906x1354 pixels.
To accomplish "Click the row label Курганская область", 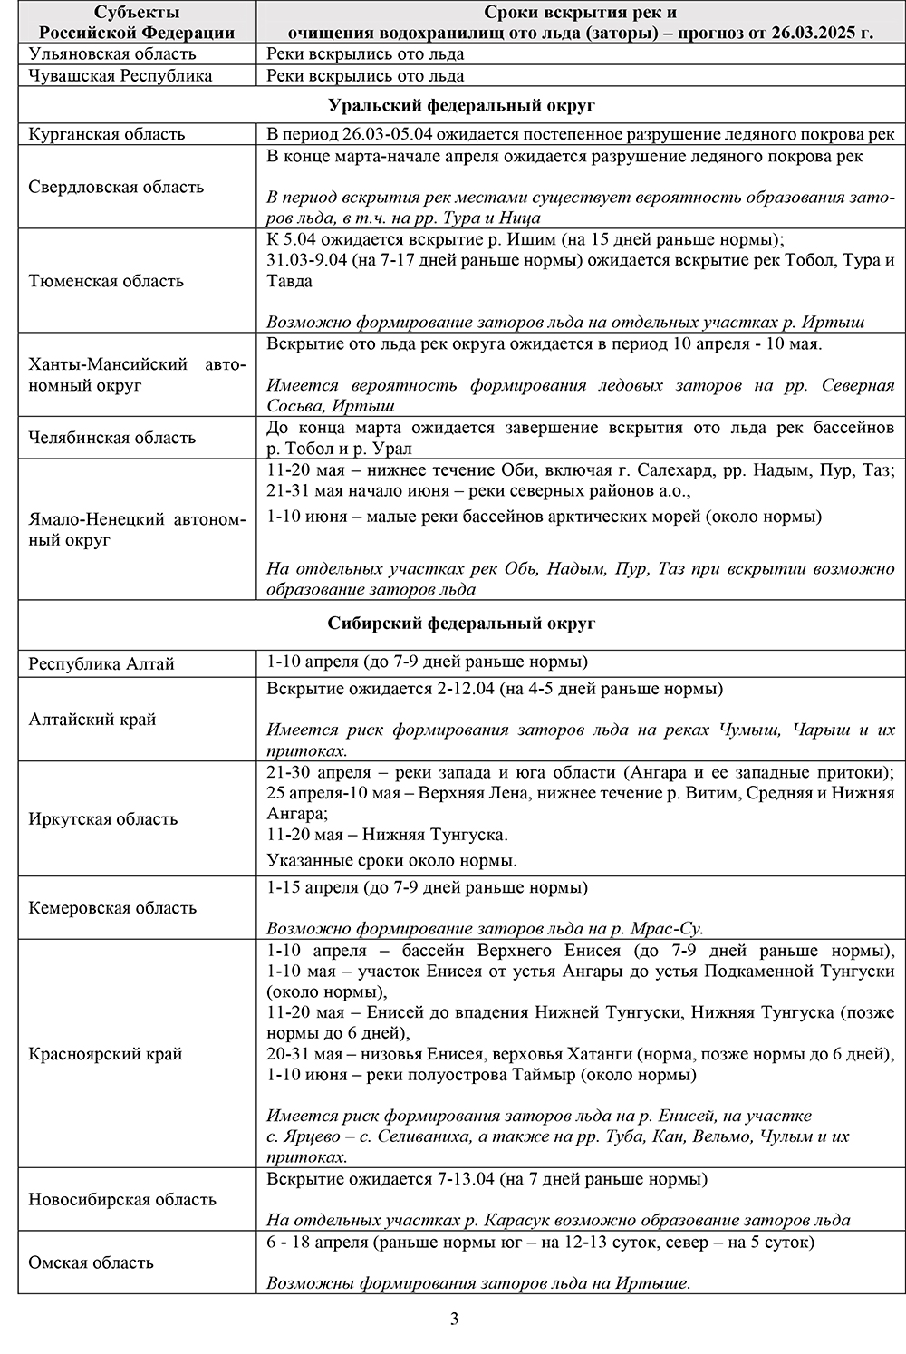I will pyautogui.click(x=106, y=134).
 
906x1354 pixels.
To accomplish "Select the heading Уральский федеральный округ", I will pyautogui.click(x=461, y=105).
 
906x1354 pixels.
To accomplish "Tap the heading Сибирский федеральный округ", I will pyautogui.click(x=461, y=624).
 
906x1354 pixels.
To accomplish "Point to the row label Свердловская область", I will pyautogui.click(x=116, y=188).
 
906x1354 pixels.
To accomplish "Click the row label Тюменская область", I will pyautogui.click(x=106, y=281).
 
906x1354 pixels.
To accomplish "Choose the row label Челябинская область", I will pyautogui.click(x=111, y=438).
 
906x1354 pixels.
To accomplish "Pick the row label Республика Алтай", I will pyautogui.click(x=101, y=663).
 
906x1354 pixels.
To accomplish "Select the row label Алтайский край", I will pyautogui.click(x=92, y=720).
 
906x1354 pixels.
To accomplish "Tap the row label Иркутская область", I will pyautogui.click(x=102, y=819).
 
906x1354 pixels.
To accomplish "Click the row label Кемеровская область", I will pyautogui.click(x=112, y=908).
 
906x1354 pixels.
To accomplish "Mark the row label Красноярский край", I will pyautogui.click(x=105, y=1054).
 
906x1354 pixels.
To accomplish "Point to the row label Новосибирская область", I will pyautogui.click(x=122, y=1200).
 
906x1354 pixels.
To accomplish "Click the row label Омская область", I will pyautogui.click(x=91, y=1262).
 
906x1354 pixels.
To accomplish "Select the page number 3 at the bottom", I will pyautogui.click(x=454, y=1319).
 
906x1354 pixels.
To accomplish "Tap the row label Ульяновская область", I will pyautogui.click(x=111, y=53).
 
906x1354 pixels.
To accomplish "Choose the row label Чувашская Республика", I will pyautogui.click(x=120, y=75).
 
